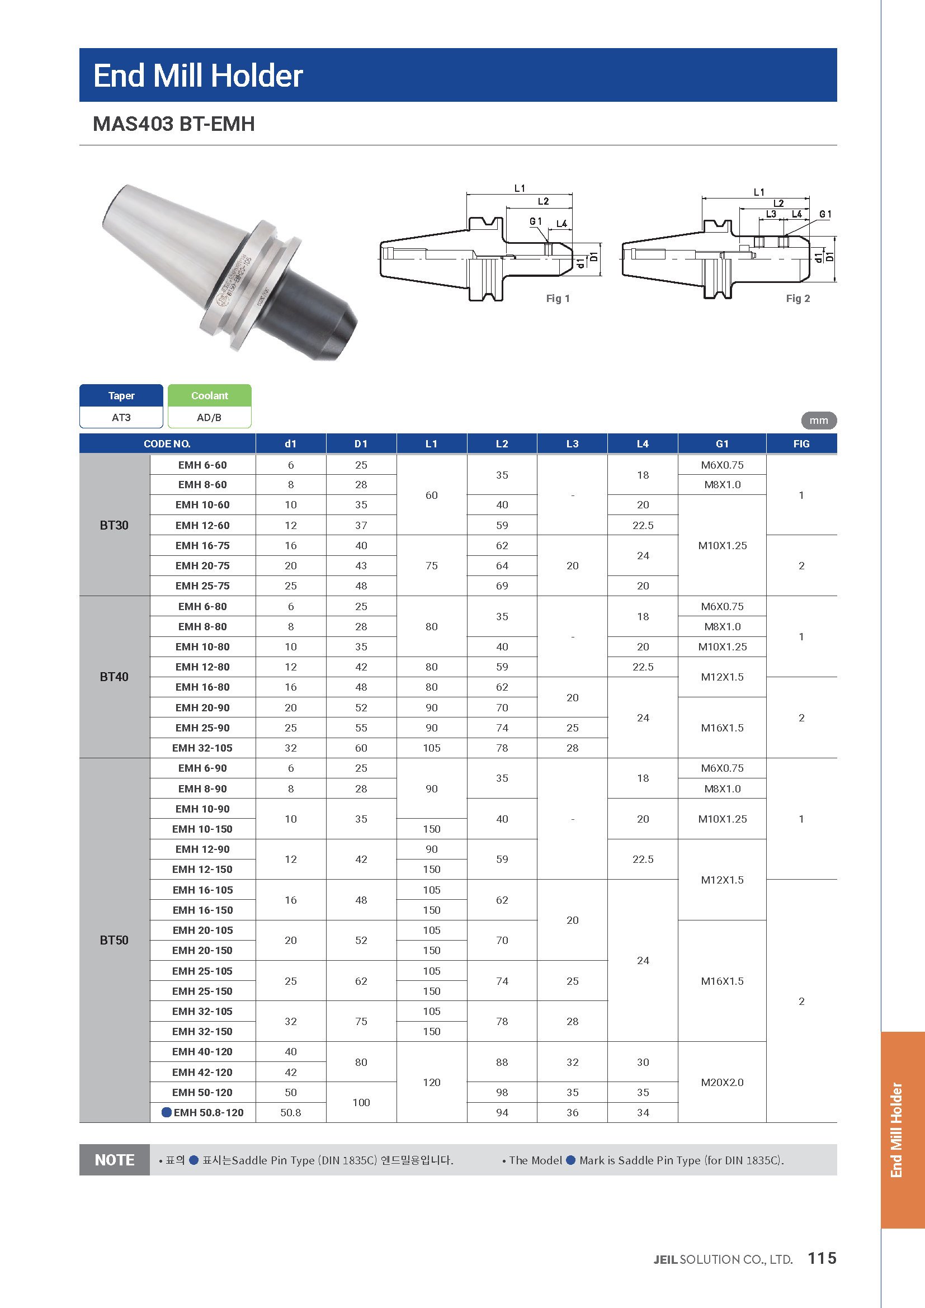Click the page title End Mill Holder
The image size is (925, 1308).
197,75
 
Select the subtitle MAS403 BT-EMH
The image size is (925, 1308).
174,124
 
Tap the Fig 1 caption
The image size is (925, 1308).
558,299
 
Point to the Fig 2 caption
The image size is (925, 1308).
797,299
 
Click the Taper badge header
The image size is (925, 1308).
121,395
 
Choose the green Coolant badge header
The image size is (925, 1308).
210,395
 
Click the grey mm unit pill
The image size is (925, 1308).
819,421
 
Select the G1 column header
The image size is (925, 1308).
721,444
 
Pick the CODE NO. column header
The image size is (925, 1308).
167,444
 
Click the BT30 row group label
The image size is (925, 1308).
114,525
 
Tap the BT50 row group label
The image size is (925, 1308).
114,940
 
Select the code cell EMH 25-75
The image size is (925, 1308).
202,585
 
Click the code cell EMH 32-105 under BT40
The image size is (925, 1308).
202,748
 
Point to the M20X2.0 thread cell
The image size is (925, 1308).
721,1083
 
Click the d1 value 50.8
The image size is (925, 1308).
290,1113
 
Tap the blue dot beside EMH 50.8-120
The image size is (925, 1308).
167,1113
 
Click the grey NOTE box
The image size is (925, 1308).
115,1160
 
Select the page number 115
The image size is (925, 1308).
822,1258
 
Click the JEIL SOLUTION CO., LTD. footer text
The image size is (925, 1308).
723,1259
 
